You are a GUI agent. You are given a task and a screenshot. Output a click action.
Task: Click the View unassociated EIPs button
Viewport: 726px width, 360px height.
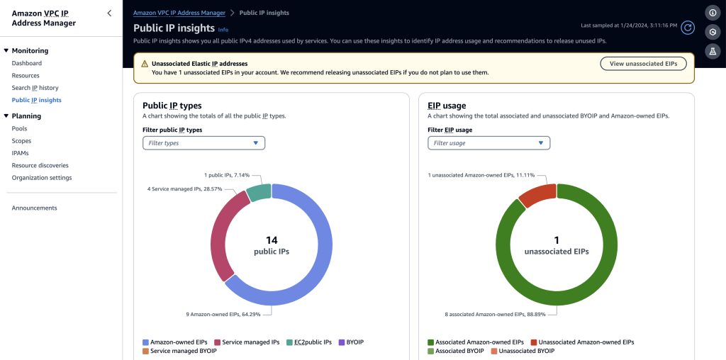643,64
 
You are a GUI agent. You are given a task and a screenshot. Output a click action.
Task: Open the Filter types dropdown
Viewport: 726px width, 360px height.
203,143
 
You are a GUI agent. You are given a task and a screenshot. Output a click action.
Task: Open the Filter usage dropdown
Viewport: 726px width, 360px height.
488,143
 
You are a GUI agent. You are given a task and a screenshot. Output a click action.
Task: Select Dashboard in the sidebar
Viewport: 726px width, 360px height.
27,63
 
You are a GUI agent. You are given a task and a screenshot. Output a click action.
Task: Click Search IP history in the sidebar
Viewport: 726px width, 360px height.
35,88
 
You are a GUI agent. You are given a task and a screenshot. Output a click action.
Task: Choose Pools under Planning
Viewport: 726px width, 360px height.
19,128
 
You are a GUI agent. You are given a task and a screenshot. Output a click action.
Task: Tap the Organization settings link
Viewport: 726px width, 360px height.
42,178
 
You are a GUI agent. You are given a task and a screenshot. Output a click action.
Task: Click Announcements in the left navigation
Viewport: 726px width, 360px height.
34,208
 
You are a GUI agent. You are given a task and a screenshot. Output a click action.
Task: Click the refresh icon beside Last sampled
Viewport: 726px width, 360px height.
687,28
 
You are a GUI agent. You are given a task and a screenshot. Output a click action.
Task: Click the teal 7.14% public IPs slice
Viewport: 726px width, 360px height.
259,192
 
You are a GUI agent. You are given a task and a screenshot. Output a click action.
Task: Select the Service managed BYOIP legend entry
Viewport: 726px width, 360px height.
174,351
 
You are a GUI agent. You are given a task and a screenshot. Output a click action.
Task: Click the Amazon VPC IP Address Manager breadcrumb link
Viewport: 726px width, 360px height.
179,13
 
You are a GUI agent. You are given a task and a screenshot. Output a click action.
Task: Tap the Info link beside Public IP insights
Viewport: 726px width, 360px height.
223,30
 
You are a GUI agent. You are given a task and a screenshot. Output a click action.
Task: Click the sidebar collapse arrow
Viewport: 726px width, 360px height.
108,13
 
